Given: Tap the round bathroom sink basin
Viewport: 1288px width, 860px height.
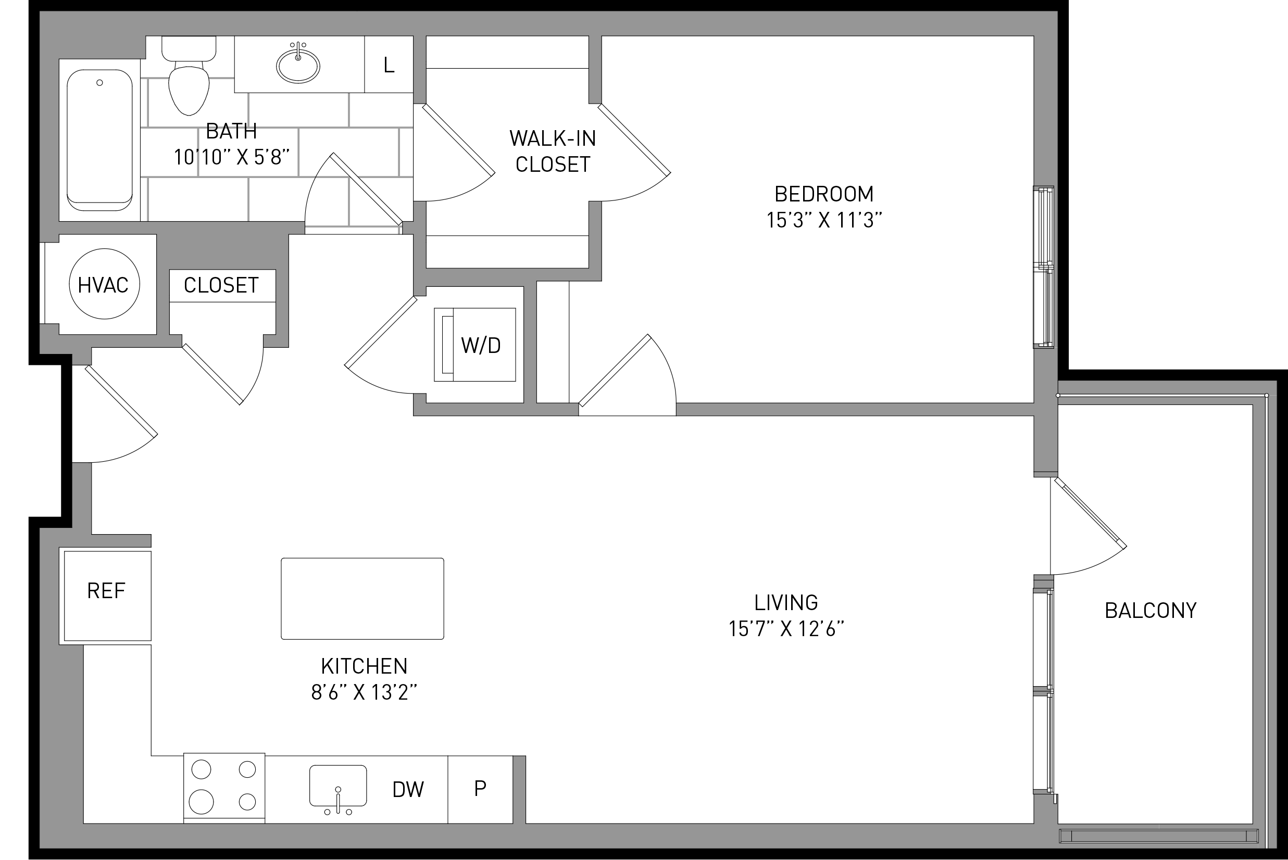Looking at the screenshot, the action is click(x=298, y=66).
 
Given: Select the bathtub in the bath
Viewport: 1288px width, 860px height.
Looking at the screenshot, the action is click(x=99, y=140).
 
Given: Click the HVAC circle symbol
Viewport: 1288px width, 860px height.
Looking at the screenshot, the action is click(x=104, y=284).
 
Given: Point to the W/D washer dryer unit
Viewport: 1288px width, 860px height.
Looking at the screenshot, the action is click(x=475, y=345).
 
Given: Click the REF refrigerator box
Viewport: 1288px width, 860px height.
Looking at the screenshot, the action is click(x=107, y=596).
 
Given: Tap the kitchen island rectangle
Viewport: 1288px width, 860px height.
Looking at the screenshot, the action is click(x=362, y=598).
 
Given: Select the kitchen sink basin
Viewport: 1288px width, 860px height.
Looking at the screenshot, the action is click(x=338, y=786).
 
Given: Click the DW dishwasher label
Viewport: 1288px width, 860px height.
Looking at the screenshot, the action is click(x=408, y=789).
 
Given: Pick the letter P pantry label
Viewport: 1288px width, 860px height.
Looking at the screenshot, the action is click(x=480, y=788).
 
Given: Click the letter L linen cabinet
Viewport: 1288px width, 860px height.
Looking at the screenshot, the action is click(x=389, y=65).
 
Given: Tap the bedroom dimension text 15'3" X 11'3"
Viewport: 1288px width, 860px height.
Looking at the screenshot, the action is click(x=824, y=220).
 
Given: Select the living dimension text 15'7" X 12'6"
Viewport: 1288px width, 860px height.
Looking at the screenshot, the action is click(x=786, y=628).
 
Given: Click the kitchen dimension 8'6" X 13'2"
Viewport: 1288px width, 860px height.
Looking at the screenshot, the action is click(x=364, y=693).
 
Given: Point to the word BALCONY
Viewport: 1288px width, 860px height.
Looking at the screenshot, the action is click(x=1151, y=611).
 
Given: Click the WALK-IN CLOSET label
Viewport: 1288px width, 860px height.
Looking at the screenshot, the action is click(x=553, y=151).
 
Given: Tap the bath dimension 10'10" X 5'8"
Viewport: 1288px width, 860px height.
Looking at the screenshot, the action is click(x=231, y=157).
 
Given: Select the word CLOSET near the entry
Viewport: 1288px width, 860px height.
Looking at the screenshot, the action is click(x=221, y=285).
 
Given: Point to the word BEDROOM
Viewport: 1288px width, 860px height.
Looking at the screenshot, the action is click(x=824, y=194).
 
